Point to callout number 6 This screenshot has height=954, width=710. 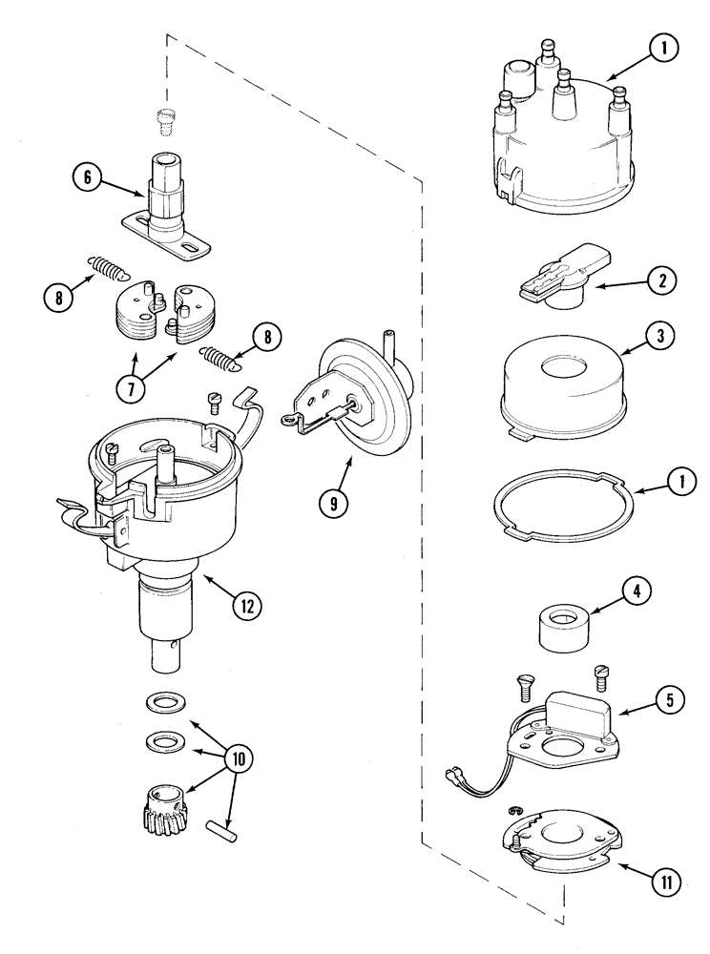click(x=88, y=178)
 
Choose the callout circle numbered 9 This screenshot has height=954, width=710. click(x=333, y=504)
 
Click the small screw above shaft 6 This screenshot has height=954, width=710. click(x=167, y=121)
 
